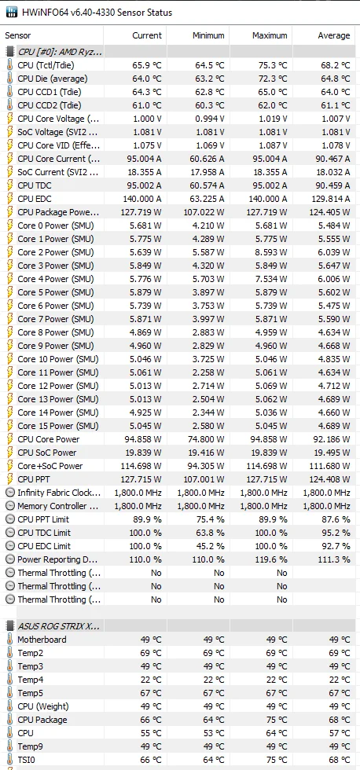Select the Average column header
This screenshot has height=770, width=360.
coord(333,35)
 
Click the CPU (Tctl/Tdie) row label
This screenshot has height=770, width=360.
coord(46,64)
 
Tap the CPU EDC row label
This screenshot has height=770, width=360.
coord(35,198)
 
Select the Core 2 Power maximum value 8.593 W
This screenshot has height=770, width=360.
coord(270,252)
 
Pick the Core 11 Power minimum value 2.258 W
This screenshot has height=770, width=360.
coord(208,372)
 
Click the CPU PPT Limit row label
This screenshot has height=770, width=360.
coord(43,519)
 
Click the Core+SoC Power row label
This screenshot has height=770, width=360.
coord(50,465)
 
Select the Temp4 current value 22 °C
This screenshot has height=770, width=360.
coord(150,680)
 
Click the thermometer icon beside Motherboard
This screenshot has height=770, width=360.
coord(9,640)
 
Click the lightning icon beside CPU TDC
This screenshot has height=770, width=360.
coord(9,185)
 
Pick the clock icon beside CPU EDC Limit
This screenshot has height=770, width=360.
coord(9,546)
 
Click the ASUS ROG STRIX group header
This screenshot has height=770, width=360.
coord(58,626)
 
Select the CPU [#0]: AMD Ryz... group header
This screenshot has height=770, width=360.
coord(60,52)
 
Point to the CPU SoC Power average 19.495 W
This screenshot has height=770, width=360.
coord(332,453)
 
